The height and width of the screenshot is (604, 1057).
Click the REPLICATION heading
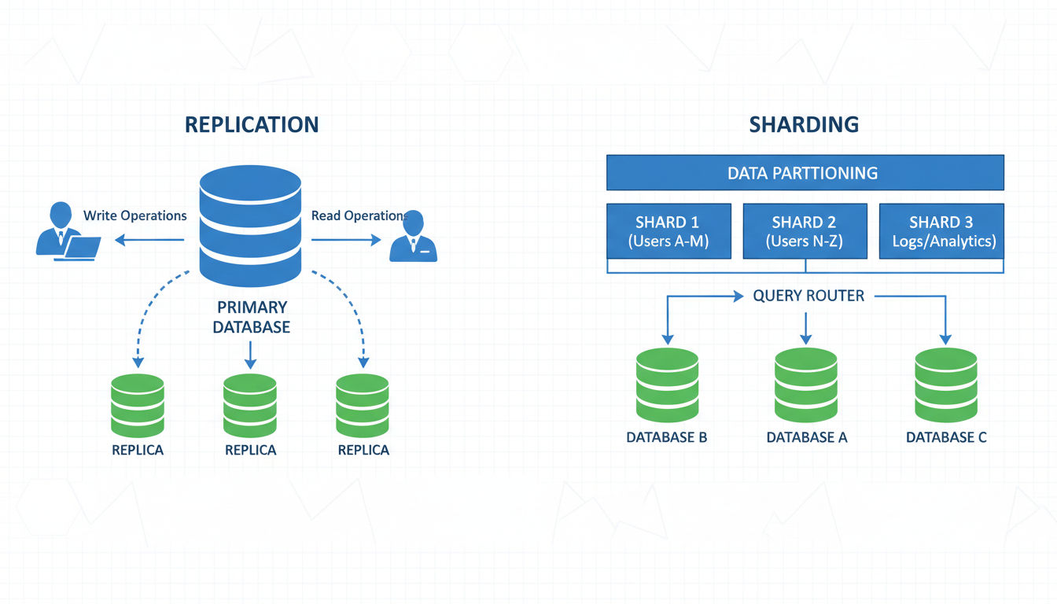click(252, 124)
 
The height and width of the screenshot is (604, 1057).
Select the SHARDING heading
click(804, 124)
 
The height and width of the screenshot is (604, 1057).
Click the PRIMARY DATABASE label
click(251, 317)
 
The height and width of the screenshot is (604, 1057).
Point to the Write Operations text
click(135, 215)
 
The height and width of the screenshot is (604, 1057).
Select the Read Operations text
click(358, 215)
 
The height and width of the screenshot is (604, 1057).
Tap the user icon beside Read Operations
click(414, 237)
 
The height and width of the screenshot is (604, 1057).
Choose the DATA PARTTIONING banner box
click(805, 172)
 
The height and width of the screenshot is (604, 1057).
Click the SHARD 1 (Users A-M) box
click(668, 231)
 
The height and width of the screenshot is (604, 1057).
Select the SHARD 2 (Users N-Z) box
click(805, 231)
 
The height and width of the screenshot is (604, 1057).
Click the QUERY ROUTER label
click(808, 296)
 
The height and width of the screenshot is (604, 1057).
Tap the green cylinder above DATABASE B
click(667, 385)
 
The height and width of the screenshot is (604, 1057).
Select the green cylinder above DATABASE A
click(806, 385)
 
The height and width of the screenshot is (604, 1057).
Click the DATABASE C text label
click(946, 437)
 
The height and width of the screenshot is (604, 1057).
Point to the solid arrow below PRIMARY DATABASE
click(250, 355)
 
